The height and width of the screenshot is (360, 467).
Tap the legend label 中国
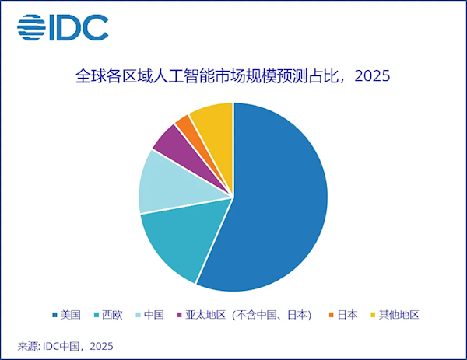tap(153, 315)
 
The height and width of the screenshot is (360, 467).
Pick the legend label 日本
tap(348, 315)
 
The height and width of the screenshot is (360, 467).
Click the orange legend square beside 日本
tap(332, 315)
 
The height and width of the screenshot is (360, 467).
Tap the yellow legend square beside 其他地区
tap(373, 315)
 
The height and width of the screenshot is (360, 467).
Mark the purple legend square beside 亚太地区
tap(179, 315)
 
